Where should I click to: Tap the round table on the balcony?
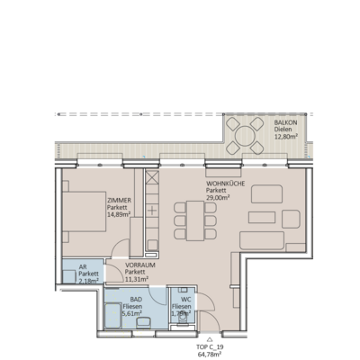click(x=244, y=138)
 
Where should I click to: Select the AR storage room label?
click(x=83, y=267)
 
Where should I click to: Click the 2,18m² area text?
click(x=87, y=282)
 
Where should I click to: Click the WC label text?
click(x=185, y=300)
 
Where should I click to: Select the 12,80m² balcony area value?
click(x=288, y=136)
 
